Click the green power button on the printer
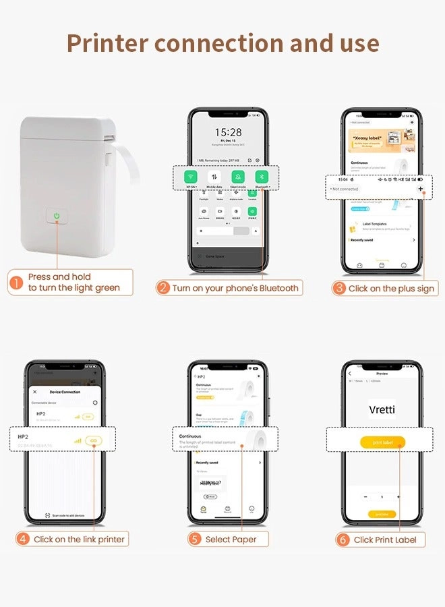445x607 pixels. tap(57, 216)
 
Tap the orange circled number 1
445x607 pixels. tap(16, 283)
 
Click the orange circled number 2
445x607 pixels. tap(162, 288)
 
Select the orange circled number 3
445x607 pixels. tap(339, 288)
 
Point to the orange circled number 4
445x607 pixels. tap(24, 539)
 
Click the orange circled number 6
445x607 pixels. tap(343, 539)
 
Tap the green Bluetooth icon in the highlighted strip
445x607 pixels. tap(261, 177)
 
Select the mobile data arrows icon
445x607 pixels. tap(214, 177)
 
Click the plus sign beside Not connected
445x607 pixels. tap(421, 189)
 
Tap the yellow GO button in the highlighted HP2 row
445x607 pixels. tap(94, 440)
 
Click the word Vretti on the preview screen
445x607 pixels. tap(382, 409)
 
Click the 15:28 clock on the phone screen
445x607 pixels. tap(228, 133)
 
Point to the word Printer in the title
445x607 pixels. tap(107, 43)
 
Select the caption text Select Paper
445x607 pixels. tap(231, 539)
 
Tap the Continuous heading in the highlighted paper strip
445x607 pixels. tap(190, 436)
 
